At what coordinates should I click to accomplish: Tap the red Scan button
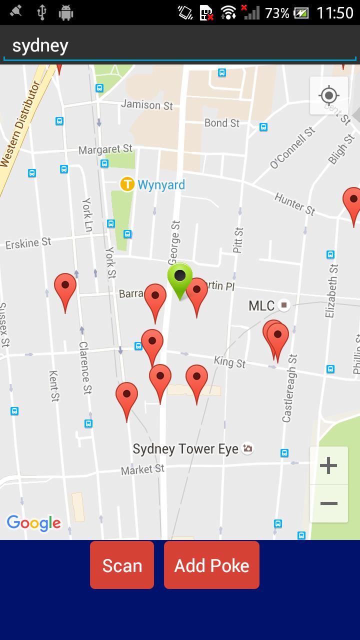(x=122, y=565)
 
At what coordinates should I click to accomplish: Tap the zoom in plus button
(x=328, y=465)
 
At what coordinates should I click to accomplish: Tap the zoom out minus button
(x=328, y=503)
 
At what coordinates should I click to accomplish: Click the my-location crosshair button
(x=328, y=95)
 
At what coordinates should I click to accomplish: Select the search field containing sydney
(x=180, y=46)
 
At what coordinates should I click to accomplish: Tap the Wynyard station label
(x=161, y=185)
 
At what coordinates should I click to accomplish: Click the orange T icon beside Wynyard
(x=127, y=184)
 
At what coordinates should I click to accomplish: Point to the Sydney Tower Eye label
(x=185, y=449)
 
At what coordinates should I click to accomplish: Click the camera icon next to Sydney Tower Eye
(x=247, y=448)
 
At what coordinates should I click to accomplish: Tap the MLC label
(x=261, y=305)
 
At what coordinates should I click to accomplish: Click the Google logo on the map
(x=33, y=523)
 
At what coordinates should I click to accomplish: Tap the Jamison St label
(x=147, y=104)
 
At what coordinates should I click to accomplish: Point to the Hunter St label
(x=295, y=204)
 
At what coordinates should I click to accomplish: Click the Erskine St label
(x=28, y=243)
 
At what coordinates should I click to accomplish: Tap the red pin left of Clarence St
(x=65, y=287)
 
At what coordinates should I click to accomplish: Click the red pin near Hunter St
(x=353, y=201)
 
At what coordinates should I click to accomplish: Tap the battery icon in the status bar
(x=301, y=13)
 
